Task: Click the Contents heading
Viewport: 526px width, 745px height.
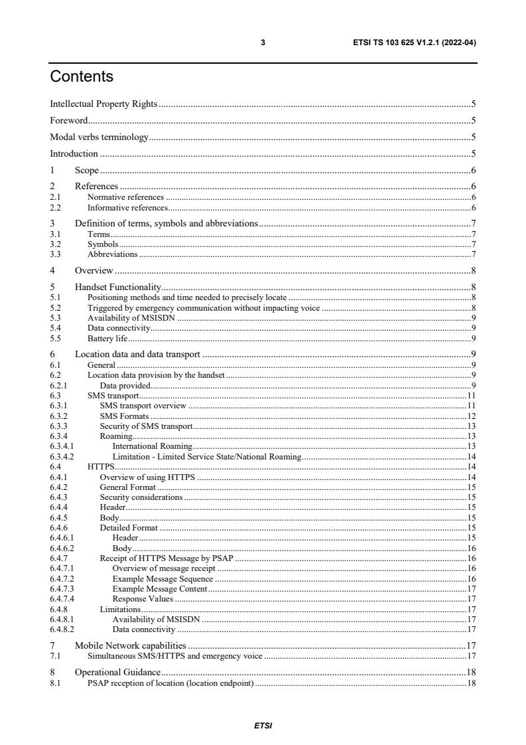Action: [82, 77]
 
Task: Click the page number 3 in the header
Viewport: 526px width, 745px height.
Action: [263, 42]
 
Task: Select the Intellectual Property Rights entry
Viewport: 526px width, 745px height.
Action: [104, 104]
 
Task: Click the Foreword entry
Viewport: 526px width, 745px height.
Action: [69, 121]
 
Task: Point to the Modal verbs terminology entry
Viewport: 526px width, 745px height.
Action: [99, 137]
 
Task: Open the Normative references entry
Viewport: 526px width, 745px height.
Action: [125, 197]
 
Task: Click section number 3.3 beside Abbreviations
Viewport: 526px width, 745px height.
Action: [56, 254]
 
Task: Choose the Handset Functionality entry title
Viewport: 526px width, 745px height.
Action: [117, 288]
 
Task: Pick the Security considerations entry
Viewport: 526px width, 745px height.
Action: [141, 497]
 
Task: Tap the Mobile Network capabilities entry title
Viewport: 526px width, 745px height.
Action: [130, 645]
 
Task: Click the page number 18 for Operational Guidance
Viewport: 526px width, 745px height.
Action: [472, 672]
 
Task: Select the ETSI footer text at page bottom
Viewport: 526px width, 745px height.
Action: [263, 726]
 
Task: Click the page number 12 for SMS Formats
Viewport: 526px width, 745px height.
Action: [472, 416]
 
